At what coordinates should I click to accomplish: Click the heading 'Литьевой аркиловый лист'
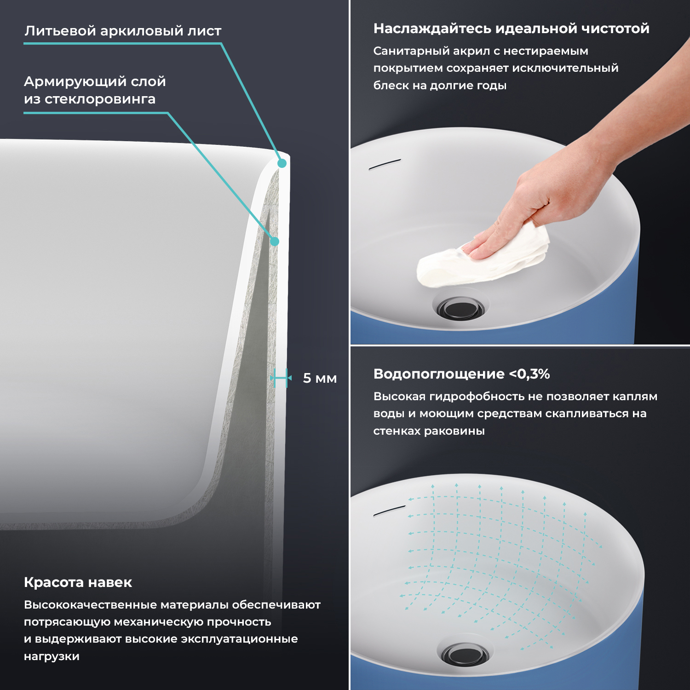(123, 31)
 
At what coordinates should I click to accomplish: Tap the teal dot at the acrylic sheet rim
(282, 163)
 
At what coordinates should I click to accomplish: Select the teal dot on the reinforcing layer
(275, 241)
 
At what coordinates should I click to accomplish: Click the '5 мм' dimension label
(320, 378)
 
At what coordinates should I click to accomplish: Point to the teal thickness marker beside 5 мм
(281, 378)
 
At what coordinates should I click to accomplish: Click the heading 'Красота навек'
(78, 582)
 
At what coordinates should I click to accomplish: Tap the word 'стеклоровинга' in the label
(100, 99)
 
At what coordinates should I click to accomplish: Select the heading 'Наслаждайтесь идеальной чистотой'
(511, 29)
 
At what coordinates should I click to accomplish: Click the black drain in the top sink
(460, 307)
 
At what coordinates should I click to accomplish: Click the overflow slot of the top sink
(385, 164)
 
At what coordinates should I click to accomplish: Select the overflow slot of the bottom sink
(389, 510)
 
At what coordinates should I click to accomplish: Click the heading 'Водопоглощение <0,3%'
(461, 374)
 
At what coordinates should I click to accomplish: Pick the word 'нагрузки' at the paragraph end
(52, 657)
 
